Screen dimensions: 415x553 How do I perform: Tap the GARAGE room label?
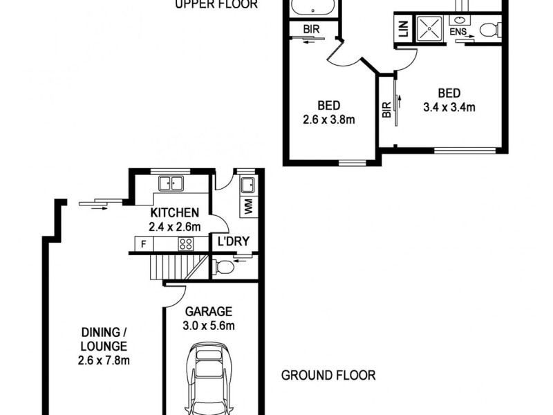(208, 311)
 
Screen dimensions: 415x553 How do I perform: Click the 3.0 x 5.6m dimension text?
(208, 325)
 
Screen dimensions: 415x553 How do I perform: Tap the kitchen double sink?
(170, 184)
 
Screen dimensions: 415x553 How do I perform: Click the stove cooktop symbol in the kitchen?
(186, 243)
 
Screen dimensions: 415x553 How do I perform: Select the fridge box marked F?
(143, 243)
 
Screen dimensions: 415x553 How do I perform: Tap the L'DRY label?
(233, 242)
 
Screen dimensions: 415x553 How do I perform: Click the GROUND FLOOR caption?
(328, 376)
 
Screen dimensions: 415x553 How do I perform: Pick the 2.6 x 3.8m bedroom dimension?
(328, 119)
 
